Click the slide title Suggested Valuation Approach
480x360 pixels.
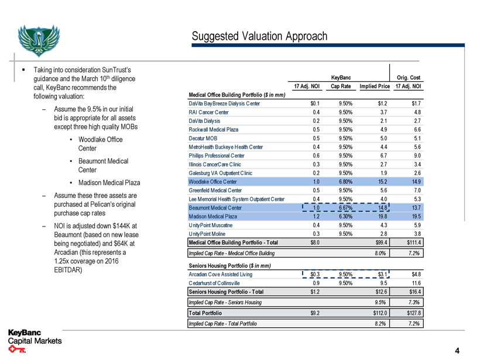pos(259,36)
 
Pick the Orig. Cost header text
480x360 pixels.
pos(408,77)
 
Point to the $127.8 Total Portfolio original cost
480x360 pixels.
pos(412,313)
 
